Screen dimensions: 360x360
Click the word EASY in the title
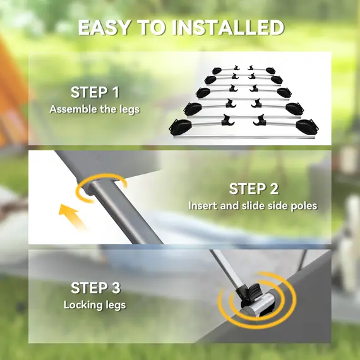104,28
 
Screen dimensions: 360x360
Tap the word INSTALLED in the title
228,28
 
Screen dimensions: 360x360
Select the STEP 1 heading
95,92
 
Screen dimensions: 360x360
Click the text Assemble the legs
95,109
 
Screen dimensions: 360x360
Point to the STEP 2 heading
253,189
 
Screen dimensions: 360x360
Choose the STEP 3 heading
95,288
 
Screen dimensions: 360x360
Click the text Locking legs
95,305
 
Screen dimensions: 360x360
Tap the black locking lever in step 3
250,292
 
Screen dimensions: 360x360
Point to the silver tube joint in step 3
260,303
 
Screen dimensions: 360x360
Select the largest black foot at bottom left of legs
181,127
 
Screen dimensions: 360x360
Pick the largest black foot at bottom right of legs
307,127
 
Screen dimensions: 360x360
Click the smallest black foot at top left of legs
217,71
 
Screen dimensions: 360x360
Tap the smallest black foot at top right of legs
271,71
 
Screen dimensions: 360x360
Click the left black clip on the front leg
228,120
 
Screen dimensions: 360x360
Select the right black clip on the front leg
260,121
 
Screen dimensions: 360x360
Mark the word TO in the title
152,28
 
